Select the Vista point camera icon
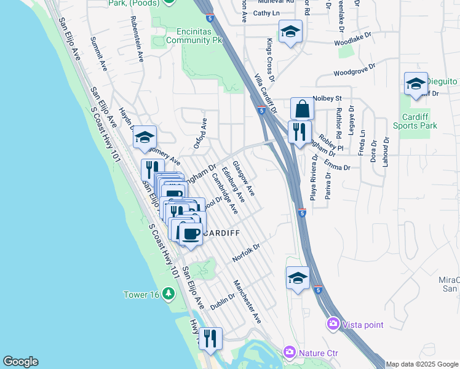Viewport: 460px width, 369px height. [x=333, y=323]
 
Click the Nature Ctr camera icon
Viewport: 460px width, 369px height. [x=289, y=352]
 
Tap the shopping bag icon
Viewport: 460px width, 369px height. [x=302, y=109]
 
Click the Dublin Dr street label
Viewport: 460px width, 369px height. [x=223, y=302]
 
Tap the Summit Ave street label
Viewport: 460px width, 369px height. [x=98, y=54]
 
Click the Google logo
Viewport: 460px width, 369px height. [x=20, y=362]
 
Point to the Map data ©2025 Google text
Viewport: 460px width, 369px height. [x=421, y=364]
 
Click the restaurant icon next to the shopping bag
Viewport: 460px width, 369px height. [x=299, y=132]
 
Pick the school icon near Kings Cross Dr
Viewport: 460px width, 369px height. [x=290, y=32]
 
